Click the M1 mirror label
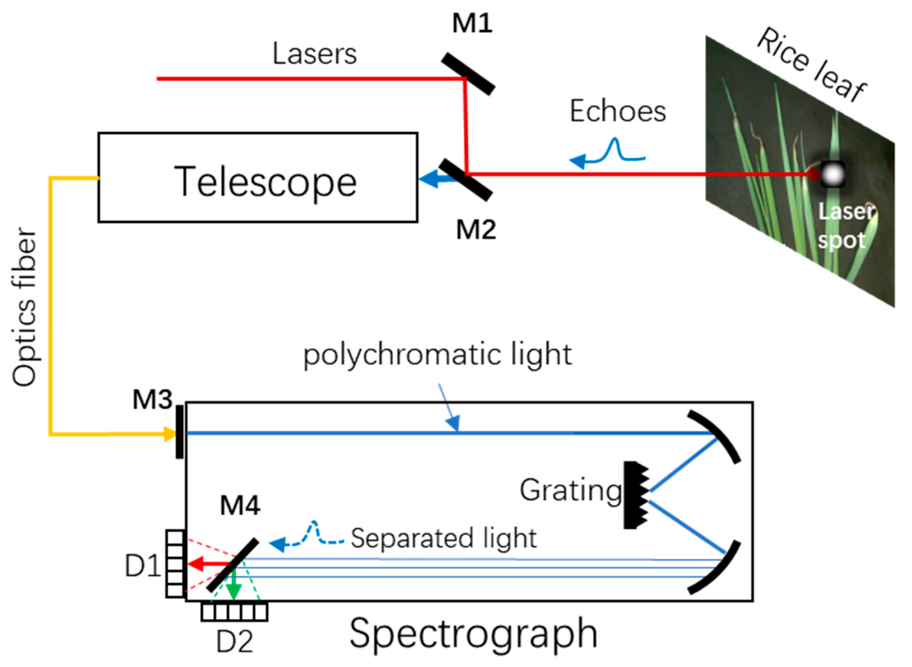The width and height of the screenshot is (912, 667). (x=472, y=23)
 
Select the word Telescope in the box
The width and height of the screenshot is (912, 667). (x=265, y=182)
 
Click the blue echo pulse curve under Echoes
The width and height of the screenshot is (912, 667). (x=615, y=151)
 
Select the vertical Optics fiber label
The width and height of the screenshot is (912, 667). (x=24, y=307)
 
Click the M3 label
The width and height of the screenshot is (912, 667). (x=153, y=400)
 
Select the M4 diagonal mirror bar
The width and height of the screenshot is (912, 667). (x=233, y=565)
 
